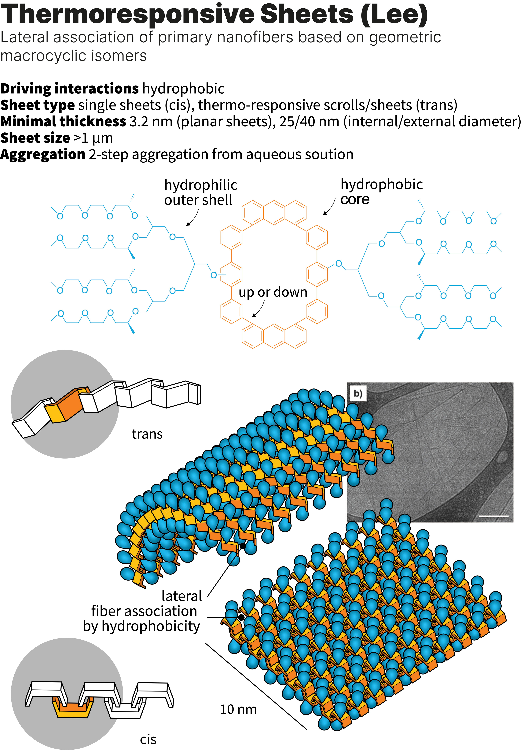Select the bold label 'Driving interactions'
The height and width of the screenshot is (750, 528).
point(70,89)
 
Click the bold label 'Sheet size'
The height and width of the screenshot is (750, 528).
point(35,138)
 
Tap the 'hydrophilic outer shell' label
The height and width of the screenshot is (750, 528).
point(200,192)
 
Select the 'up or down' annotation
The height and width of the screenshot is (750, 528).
point(273,292)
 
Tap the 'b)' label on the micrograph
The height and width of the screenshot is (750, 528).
point(358,394)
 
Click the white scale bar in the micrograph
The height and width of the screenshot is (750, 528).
point(494,516)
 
